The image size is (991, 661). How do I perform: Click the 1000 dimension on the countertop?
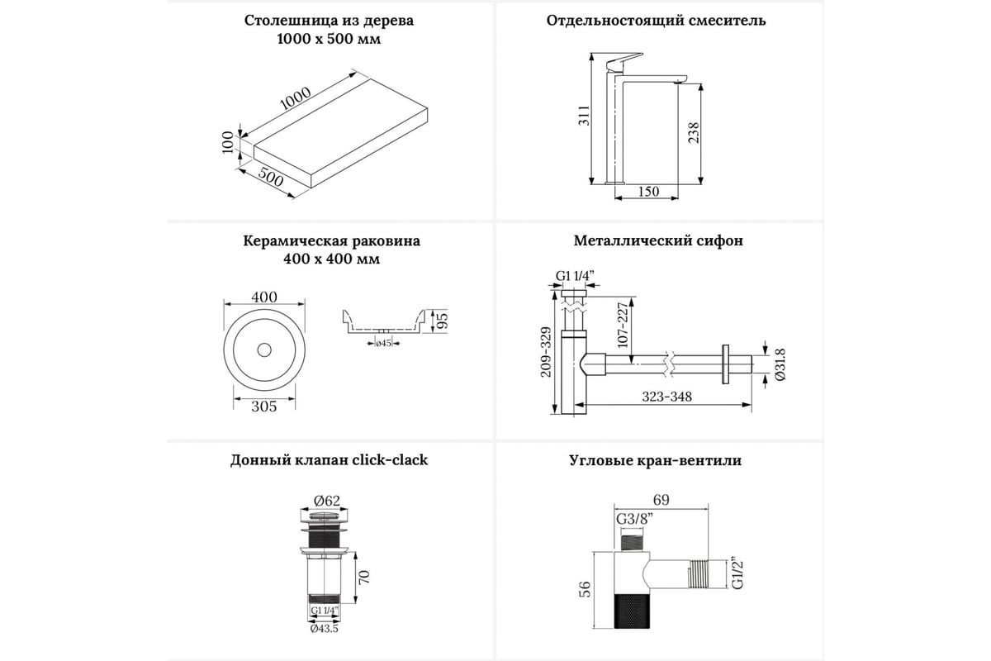pos(296,97)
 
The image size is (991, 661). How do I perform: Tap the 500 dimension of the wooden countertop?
pos(270,177)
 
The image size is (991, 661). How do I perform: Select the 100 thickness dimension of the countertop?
pos(227,142)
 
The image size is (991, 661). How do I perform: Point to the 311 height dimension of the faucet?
pos(585,116)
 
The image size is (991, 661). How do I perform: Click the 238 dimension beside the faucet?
pos(694,132)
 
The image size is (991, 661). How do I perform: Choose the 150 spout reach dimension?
pos(648,191)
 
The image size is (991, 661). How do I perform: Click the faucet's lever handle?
pos(624,61)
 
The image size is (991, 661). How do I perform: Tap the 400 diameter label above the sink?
pos(264,297)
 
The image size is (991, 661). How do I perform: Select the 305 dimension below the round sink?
pos(264,406)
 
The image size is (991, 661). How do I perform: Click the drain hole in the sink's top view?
pos(264,350)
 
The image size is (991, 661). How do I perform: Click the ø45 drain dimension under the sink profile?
pos(383,343)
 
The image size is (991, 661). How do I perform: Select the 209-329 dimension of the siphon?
pos(546,352)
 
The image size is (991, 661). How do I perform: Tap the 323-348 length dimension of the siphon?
pos(666,397)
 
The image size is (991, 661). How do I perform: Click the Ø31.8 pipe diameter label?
pos(780,364)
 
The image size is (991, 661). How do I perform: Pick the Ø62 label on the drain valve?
pos(327,500)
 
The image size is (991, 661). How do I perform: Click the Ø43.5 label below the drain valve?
pos(325,628)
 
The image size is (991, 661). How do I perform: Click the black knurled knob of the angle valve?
pos(633,610)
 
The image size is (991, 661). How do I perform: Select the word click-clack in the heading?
pos(390,459)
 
